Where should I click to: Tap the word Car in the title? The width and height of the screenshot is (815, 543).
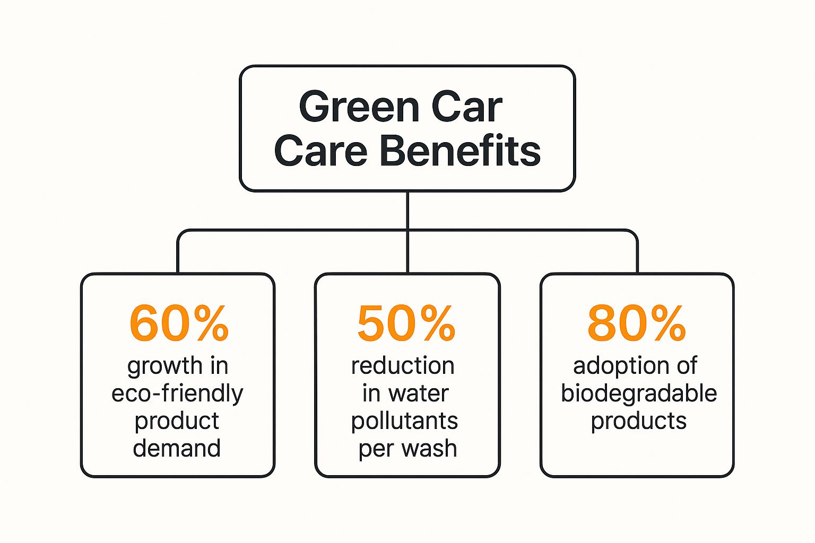click(467, 107)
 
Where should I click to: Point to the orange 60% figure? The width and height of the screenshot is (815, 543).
click(179, 323)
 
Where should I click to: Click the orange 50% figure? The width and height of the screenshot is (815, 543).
click(406, 323)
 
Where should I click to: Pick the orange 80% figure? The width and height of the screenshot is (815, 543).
click(637, 323)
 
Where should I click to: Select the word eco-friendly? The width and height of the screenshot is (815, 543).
click(177, 393)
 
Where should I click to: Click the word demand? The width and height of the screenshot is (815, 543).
click(177, 448)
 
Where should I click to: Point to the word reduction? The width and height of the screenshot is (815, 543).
click(403, 366)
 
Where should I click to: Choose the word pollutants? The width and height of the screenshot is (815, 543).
click(404, 421)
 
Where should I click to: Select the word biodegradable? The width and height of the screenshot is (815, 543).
click(639, 393)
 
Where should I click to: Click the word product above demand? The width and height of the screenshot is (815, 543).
click(177, 421)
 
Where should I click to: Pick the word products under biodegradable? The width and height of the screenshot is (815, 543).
click(639, 421)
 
